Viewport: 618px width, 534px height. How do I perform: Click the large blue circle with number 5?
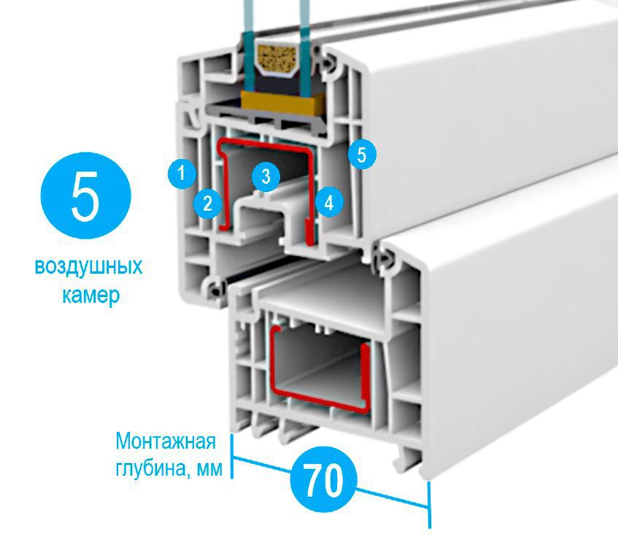click(86, 196)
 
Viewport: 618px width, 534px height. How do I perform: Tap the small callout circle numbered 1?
click(182, 174)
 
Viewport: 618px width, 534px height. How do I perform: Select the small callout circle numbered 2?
click(208, 204)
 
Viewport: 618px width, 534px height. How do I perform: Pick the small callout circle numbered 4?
click(329, 203)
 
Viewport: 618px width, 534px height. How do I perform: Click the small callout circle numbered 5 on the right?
click(362, 155)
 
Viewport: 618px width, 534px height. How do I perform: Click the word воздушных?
click(88, 267)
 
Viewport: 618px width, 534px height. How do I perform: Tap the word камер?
click(91, 295)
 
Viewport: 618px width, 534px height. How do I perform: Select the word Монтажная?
click(166, 441)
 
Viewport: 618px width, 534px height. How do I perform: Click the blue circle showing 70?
click(322, 479)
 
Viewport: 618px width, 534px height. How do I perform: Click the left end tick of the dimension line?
click(232, 456)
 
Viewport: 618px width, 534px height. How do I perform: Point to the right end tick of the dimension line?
click(430, 506)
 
